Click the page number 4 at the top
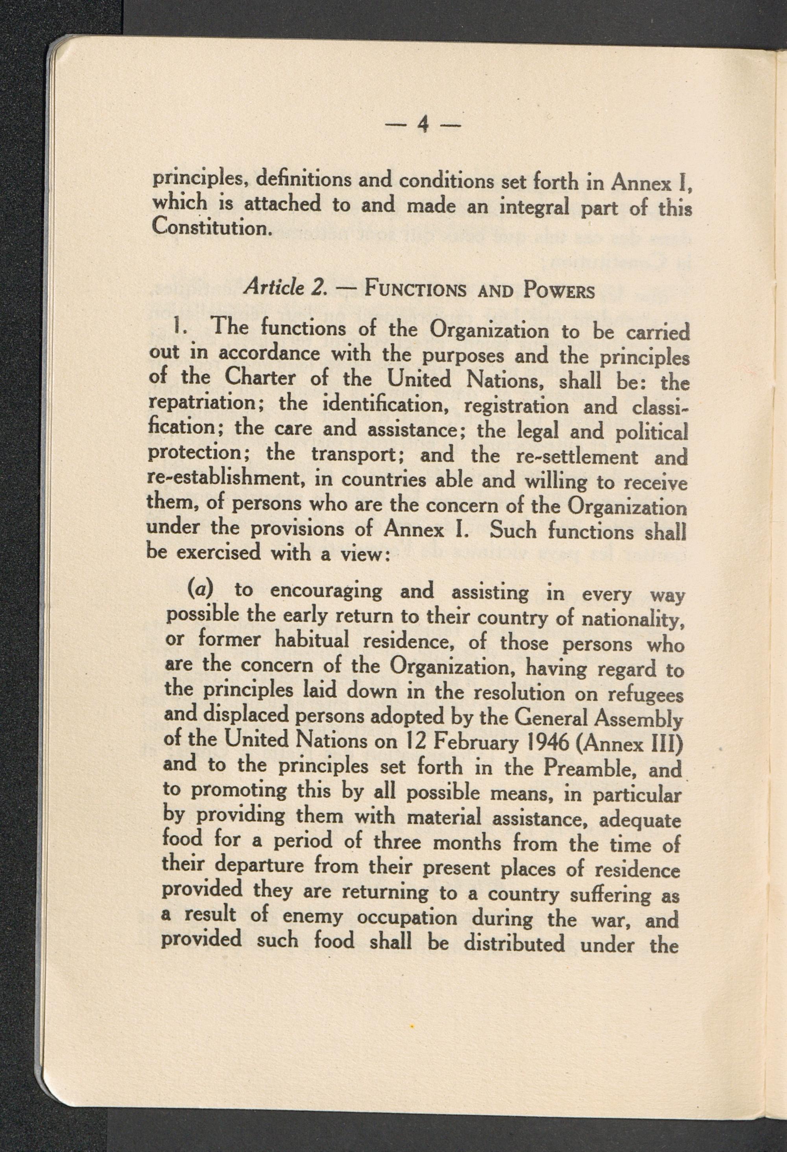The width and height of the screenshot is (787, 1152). (x=423, y=124)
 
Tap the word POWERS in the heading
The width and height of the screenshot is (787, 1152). (x=559, y=290)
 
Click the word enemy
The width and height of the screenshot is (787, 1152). (x=312, y=917)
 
